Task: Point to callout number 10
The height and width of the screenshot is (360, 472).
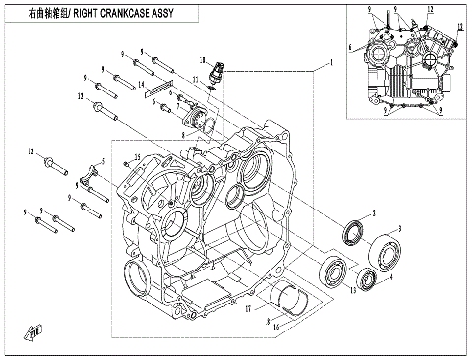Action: [x=202, y=61]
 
